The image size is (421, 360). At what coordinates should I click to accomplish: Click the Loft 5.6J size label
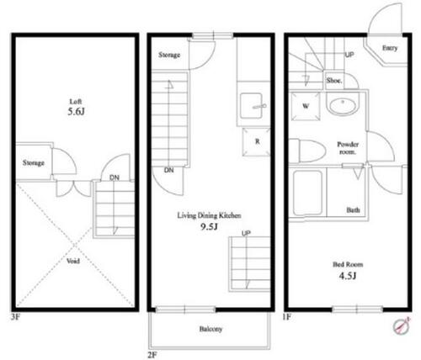(x=76, y=112)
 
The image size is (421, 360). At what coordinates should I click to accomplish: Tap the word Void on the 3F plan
(x=73, y=261)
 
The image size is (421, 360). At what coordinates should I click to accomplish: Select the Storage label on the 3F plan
(x=34, y=163)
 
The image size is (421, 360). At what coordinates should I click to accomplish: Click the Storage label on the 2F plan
(x=169, y=55)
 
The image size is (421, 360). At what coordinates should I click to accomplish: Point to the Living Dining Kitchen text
(x=209, y=215)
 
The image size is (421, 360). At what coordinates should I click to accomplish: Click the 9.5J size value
(x=209, y=226)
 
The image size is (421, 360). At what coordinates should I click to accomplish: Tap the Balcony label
(x=210, y=329)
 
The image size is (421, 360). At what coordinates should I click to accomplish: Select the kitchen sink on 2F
(x=251, y=106)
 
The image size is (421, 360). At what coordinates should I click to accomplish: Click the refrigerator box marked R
(x=256, y=142)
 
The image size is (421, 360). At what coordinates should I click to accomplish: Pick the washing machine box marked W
(x=306, y=106)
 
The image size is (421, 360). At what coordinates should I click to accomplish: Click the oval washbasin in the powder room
(x=343, y=106)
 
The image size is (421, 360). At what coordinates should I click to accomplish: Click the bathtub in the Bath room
(x=307, y=193)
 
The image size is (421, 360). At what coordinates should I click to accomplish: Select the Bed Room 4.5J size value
(x=348, y=276)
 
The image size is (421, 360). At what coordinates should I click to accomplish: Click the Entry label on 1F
(x=390, y=48)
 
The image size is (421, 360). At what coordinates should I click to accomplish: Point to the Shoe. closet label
(x=334, y=81)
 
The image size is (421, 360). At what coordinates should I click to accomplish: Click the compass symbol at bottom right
(x=402, y=326)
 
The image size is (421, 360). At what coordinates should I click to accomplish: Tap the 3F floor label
(x=16, y=317)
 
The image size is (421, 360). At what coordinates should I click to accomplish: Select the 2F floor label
(x=152, y=355)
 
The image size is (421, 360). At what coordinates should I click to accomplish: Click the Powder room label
(x=348, y=148)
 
